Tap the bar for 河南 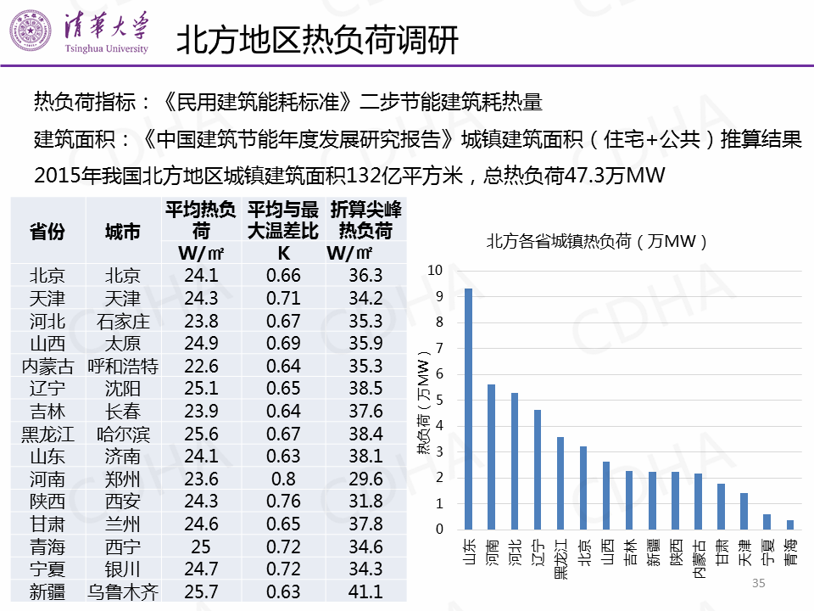(x=491, y=457)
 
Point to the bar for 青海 (x=790, y=525)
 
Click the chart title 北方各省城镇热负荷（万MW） (x=597, y=241)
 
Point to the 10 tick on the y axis (x=436, y=270)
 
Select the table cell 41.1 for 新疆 (x=365, y=591)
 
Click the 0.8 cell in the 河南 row (x=283, y=479)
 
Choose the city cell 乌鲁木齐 (x=123, y=591)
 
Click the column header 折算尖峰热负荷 (x=365, y=220)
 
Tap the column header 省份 (x=47, y=231)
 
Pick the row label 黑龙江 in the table (x=47, y=434)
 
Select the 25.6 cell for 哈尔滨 (x=201, y=434)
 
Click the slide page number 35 (x=758, y=583)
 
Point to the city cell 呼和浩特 (x=123, y=366)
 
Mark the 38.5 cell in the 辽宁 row (x=365, y=389)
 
